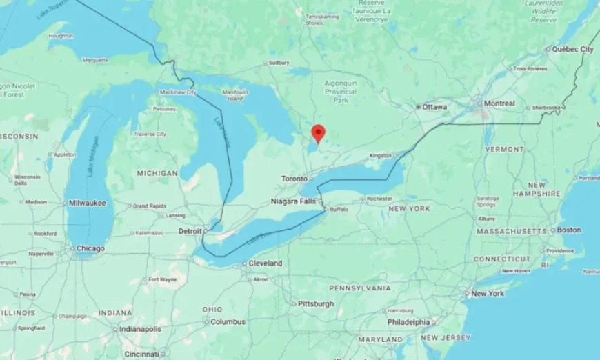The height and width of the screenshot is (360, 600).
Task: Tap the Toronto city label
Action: click(294, 179)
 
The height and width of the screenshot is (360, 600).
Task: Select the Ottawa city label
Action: click(434, 107)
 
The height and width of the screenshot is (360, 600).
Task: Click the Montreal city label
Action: click(499, 103)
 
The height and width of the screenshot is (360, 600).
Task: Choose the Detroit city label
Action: click(190, 231)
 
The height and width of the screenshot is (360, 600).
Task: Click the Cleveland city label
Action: click(266, 263)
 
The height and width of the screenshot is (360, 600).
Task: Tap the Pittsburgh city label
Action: click(315, 303)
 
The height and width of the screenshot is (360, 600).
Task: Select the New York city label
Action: click(487, 294)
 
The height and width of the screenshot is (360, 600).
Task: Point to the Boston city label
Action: click(569, 230)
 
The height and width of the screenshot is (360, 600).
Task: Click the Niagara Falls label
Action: click(294, 201)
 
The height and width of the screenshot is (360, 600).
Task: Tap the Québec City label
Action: click(573, 50)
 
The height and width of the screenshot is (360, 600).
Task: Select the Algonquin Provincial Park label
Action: click(341, 91)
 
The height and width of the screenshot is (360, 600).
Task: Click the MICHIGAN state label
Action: click(157, 173)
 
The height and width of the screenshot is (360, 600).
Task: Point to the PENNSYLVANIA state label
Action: click(359, 288)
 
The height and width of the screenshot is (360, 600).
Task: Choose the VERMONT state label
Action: click(504, 149)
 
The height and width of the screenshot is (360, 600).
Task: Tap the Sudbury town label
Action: click(279, 63)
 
